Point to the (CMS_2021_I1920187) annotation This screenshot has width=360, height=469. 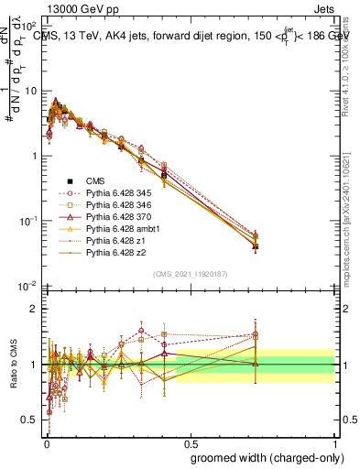coord(190,273)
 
